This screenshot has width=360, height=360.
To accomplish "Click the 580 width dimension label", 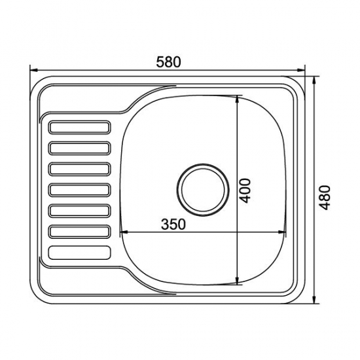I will click(x=169, y=61).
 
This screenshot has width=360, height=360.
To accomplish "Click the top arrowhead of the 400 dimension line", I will click(x=236, y=98).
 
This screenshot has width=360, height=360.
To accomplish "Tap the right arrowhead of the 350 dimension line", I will click(x=285, y=232).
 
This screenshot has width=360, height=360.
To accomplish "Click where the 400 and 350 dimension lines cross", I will click(x=236, y=232).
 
